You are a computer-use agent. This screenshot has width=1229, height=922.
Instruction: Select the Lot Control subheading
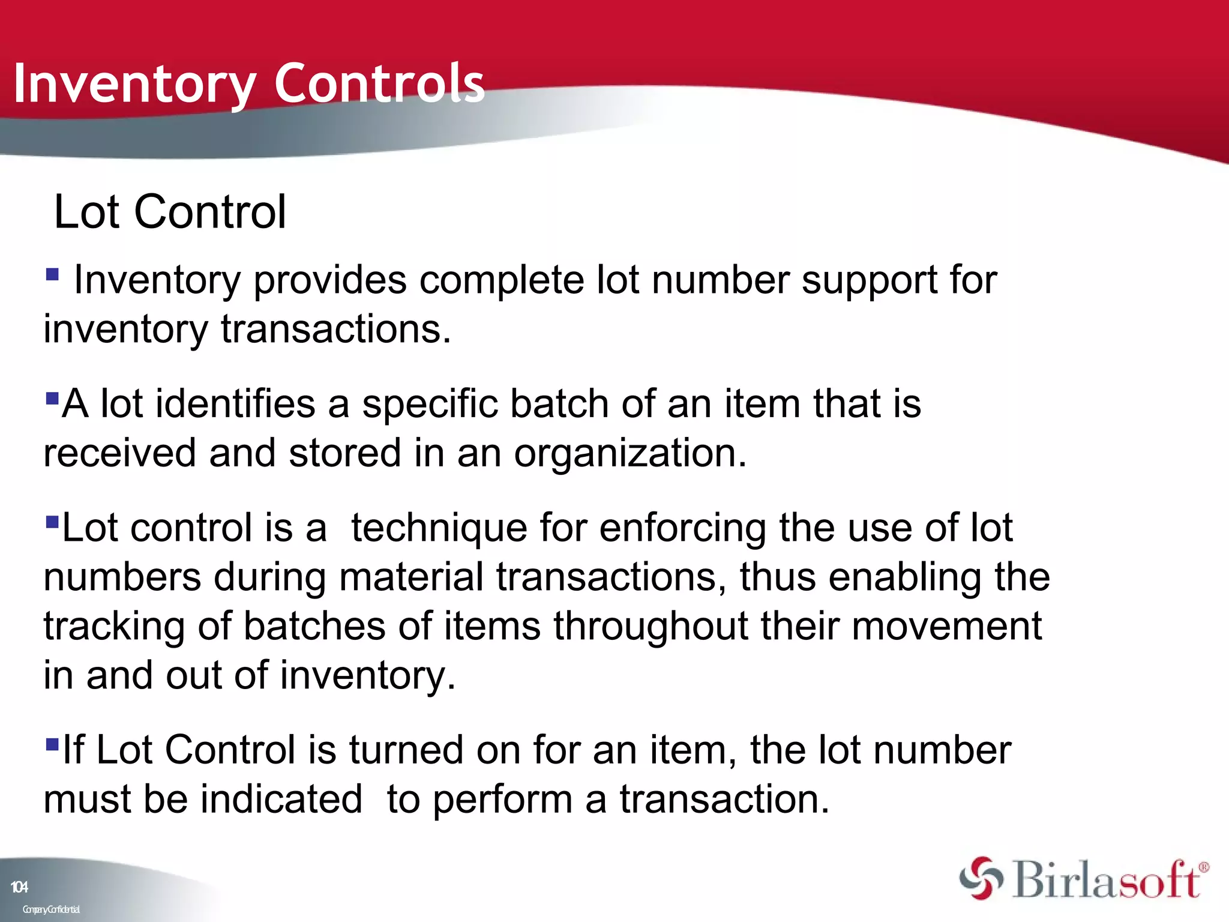click(x=170, y=212)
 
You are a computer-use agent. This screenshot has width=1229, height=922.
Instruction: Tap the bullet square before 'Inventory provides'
click(x=53, y=275)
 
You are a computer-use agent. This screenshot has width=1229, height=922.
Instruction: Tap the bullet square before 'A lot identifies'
click(x=52, y=398)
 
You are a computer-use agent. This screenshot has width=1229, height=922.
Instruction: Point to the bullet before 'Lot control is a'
click(x=52, y=521)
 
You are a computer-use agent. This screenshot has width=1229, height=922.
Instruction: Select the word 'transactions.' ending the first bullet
click(x=336, y=330)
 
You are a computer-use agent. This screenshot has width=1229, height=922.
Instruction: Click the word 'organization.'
click(x=630, y=453)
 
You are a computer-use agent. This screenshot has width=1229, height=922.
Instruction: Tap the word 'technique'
click(x=439, y=528)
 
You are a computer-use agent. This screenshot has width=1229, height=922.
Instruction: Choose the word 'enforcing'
click(x=682, y=528)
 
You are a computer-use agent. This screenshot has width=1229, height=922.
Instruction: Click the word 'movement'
click(x=946, y=626)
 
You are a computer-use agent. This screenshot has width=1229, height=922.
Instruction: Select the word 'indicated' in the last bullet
click(x=281, y=800)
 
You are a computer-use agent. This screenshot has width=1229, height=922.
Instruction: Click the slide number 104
click(x=19, y=887)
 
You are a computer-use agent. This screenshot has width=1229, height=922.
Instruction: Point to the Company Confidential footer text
click(x=51, y=909)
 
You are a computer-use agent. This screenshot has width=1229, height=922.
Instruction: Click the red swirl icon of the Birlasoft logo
click(x=981, y=879)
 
